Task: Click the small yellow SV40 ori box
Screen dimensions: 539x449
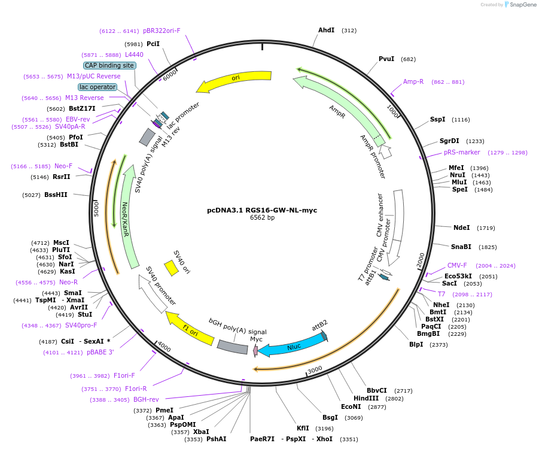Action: [171, 268]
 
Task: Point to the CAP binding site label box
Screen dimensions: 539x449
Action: [109, 65]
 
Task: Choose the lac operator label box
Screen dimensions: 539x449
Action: [98, 87]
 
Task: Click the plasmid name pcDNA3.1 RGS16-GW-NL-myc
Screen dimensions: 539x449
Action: [262, 210]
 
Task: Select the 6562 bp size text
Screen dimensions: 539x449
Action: [262, 217]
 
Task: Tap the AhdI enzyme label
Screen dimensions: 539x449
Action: [326, 31]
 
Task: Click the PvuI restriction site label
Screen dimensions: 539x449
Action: [386, 59]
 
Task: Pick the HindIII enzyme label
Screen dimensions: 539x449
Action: [366, 398]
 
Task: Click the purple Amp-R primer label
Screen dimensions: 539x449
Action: [413, 81]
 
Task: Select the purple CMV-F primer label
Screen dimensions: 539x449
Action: [457, 265]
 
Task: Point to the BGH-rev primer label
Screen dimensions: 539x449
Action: [146, 399]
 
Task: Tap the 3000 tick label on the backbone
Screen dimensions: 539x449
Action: [315, 369]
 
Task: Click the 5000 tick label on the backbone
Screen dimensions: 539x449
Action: [96, 209]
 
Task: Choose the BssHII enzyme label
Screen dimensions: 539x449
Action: [56, 195]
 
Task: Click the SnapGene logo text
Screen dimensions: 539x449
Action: [523, 4]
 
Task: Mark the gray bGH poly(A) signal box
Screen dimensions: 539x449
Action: [233, 347]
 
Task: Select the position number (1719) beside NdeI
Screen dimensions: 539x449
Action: [486, 227]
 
